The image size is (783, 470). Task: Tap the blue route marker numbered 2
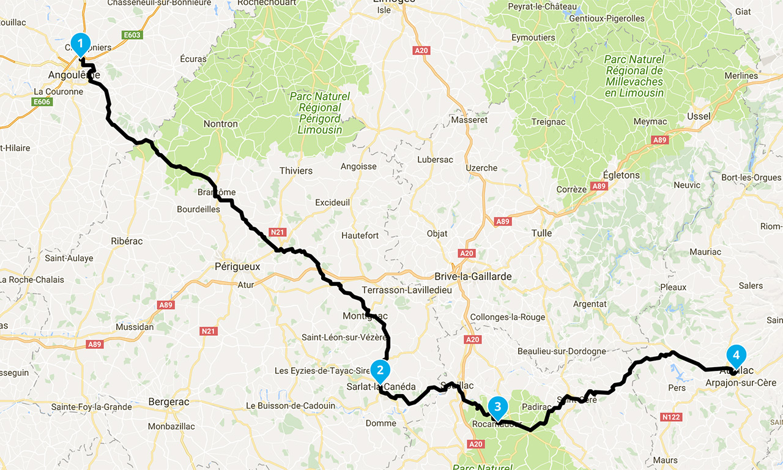(380, 370)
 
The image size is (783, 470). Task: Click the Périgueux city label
(237, 266)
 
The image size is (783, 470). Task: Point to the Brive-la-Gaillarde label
(472, 276)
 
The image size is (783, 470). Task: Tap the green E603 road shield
(132, 35)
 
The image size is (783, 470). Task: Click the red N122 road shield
(672, 417)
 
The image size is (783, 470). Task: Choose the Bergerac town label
(168, 402)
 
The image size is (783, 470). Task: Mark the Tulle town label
(541, 233)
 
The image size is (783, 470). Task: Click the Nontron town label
(220, 124)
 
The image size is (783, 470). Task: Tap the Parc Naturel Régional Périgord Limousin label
(320, 113)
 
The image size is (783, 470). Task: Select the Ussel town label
(699, 116)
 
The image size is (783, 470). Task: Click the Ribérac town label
(127, 241)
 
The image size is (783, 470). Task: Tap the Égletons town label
(621, 175)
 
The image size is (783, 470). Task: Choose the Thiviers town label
(295, 171)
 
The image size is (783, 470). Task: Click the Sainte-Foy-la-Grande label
(91, 407)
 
